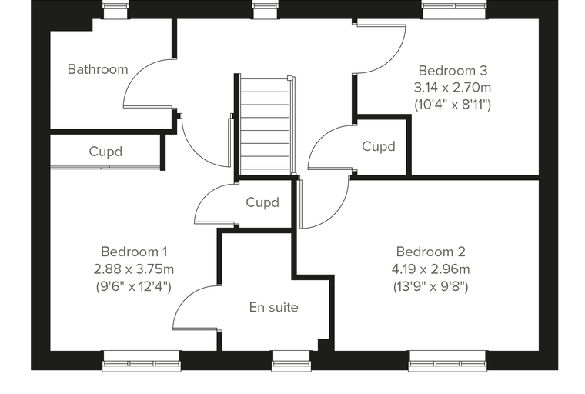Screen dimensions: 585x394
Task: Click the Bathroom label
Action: click(98, 69)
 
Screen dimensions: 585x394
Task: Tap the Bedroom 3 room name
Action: click(453, 71)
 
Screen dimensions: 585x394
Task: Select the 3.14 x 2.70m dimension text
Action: click(453, 88)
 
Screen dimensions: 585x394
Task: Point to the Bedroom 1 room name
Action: click(134, 252)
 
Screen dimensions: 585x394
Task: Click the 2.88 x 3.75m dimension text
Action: click(134, 269)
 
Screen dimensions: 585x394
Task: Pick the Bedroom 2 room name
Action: click(430, 252)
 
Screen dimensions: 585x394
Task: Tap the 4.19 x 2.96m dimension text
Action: click(430, 269)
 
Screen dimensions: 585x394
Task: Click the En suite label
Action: click(274, 308)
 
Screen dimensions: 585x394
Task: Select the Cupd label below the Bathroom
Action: click(105, 152)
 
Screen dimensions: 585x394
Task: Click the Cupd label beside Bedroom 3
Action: click(378, 146)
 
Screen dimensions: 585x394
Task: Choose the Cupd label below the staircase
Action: click(262, 202)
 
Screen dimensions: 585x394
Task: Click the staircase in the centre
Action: click(265, 125)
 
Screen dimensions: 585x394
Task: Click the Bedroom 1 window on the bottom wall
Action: click(142, 361)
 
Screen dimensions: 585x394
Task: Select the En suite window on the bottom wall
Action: click(292, 361)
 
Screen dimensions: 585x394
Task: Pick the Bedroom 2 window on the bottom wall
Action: click(448, 361)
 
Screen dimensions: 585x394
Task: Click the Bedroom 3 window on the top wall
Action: click(454, 9)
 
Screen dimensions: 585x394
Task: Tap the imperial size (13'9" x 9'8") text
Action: click(430, 286)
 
